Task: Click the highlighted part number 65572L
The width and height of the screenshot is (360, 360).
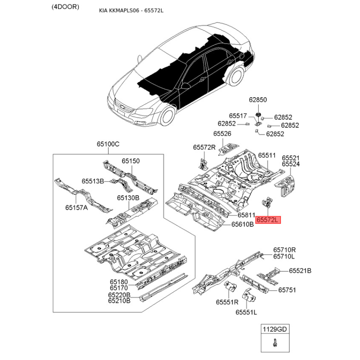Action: coord(268,220)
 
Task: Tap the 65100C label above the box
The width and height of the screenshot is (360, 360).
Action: coord(108,144)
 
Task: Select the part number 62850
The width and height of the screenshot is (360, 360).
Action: coord(258,99)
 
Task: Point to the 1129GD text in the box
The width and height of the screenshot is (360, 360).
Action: coord(275,329)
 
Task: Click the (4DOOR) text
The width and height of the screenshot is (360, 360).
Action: coord(65,7)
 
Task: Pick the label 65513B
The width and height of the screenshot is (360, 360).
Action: coord(93,181)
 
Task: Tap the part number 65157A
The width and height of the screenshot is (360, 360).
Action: coord(76,207)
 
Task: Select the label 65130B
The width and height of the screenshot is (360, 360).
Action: coord(128,198)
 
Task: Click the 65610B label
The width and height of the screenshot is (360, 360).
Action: coord(243,224)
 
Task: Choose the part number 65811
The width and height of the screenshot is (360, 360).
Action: coord(246,215)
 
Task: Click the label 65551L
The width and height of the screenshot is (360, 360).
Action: coord(246,312)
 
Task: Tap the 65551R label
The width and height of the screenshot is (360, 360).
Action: coord(227,302)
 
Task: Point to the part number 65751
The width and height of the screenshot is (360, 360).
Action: coord(287,290)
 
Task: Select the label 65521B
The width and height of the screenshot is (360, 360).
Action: coord(300,271)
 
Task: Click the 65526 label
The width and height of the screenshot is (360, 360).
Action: coord(222,134)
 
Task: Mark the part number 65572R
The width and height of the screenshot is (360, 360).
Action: coord(204,147)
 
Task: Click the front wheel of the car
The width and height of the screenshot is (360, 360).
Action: coord(167,117)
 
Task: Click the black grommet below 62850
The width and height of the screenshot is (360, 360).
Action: coord(258,115)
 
